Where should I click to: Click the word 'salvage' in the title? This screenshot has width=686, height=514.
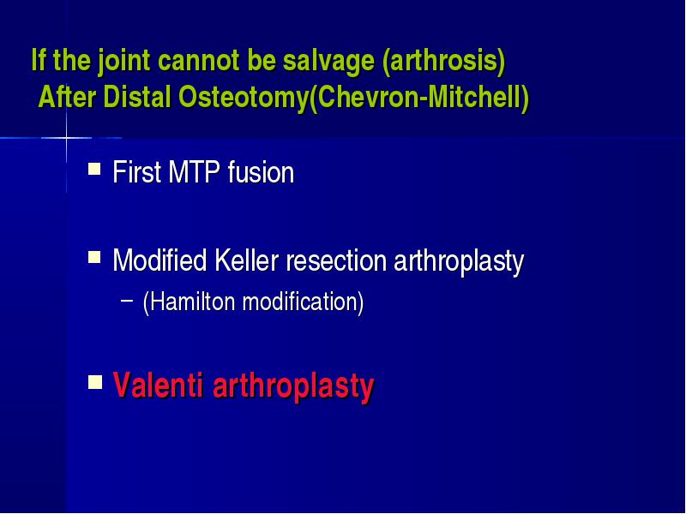pos(328,60)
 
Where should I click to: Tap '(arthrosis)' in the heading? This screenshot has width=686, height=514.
pos(443,60)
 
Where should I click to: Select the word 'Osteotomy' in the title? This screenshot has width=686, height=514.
pos(244,97)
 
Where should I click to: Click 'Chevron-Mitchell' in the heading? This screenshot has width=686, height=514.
pos(419,97)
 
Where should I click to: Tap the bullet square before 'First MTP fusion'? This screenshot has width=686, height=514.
pos(94,169)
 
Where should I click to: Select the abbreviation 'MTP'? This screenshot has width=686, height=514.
pos(194,172)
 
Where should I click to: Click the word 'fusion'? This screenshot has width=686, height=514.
pos(262,172)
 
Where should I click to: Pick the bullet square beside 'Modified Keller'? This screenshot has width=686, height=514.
pos(94,256)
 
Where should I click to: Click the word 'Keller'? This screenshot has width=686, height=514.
pos(247,261)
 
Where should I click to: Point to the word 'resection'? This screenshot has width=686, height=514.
pos(336,261)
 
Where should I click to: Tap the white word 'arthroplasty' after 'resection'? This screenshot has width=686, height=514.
pos(459,262)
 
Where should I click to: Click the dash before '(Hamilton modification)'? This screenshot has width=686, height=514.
pos(127,301)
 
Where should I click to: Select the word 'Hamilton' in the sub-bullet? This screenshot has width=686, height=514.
pos(192,302)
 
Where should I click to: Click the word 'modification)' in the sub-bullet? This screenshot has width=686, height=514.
pos(303,302)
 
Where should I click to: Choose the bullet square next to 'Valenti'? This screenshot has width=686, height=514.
pos(95,381)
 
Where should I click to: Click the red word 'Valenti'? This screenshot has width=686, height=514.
pos(159,385)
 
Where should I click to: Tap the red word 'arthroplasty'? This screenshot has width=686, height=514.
pos(293,387)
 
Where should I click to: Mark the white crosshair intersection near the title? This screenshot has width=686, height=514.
pos(67,138)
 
